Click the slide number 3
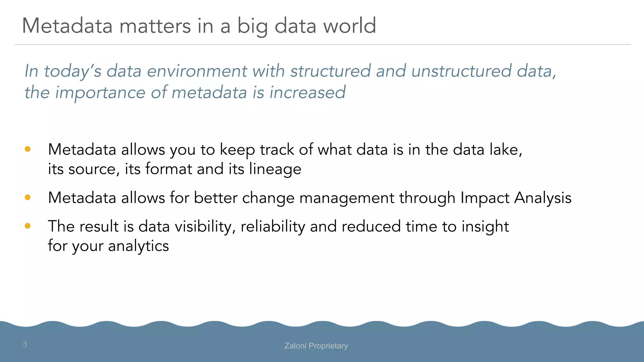pyautogui.click(x=25, y=344)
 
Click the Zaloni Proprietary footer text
pyautogui.click(x=316, y=346)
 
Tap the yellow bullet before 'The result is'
pyautogui.click(x=28, y=226)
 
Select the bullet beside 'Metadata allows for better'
pyautogui.click(x=28, y=197)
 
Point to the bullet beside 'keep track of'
pyautogui.click(x=28, y=149)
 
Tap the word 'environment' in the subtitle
pyautogui.click(x=197, y=71)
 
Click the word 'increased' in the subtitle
pyautogui.click(x=307, y=92)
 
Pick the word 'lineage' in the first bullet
pyautogui.click(x=275, y=169)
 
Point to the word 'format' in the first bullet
pyautogui.click(x=169, y=169)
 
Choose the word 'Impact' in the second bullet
pyautogui.click(x=485, y=198)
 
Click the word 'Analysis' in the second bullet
pyautogui.click(x=543, y=198)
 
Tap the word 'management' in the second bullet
pyautogui.click(x=347, y=198)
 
